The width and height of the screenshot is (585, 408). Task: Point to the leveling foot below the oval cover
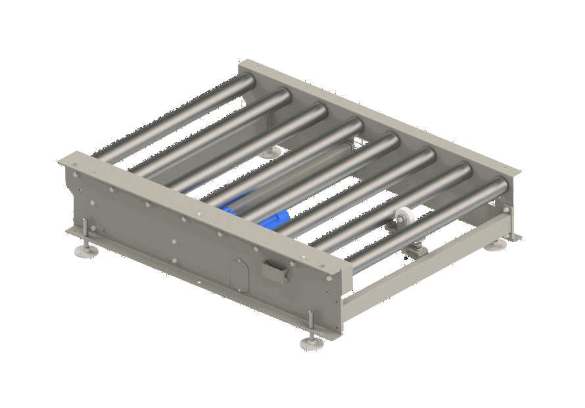pos(312,343)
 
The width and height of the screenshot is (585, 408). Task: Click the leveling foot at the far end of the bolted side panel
pos(85,249)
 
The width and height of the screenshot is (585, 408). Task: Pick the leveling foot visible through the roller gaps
pos(268,153)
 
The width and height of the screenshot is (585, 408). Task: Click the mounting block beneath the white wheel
pos(416,250)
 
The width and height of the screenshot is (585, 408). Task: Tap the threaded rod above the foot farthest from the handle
pos(85,233)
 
